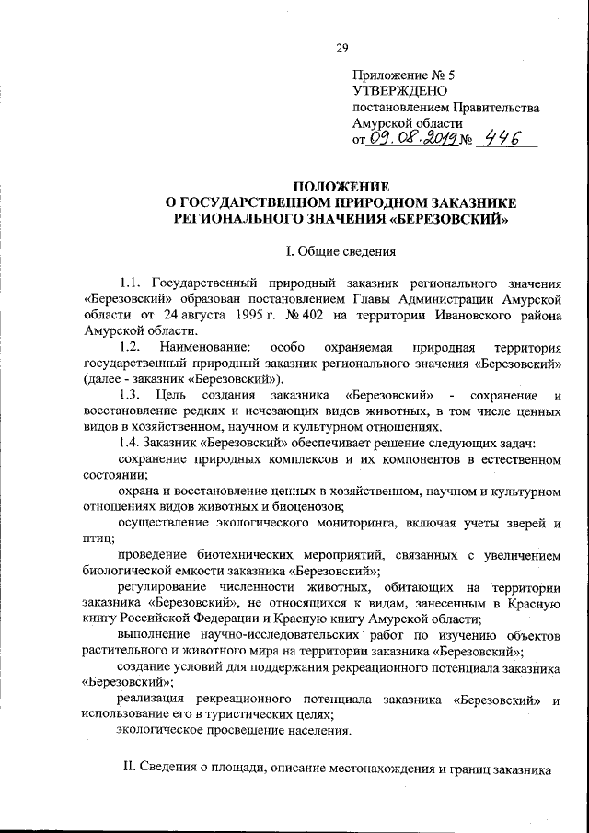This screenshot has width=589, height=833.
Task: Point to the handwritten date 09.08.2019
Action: pos(407,139)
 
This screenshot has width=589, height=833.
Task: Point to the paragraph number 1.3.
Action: pos(130,394)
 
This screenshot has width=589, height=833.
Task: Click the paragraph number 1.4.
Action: pos(130,442)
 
